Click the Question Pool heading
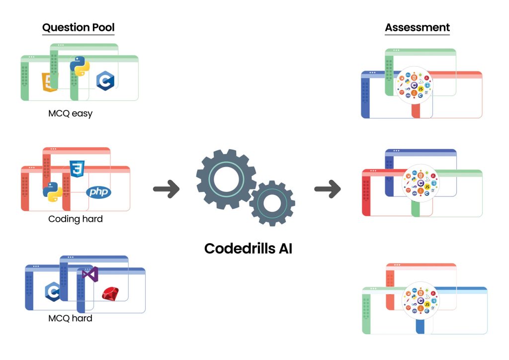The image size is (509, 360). [x=79, y=28]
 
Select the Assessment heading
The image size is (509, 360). [x=417, y=28]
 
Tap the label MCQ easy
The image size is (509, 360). [x=70, y=113]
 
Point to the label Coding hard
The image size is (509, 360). [x=76, y=219]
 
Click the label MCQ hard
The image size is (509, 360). [x=70, y=318]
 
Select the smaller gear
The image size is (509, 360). [x=272, y=203]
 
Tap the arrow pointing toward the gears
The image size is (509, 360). [x=166, y=189]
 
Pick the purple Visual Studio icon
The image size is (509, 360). [x=90, y=274]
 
